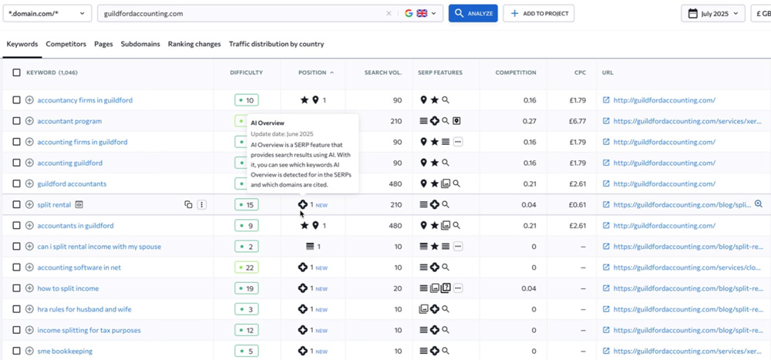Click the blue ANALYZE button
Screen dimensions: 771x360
473,13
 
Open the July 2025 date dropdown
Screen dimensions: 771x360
713,13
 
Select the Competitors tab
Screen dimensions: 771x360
66,44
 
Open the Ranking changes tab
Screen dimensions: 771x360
194,44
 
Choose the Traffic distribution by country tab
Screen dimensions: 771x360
276,44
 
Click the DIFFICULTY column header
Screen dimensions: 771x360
247,72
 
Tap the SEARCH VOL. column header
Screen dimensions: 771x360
383,72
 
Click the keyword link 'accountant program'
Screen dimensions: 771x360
70,121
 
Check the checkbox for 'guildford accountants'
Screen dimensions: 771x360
17,183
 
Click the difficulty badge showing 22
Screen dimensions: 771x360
247,267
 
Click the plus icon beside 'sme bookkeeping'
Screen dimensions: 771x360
29,352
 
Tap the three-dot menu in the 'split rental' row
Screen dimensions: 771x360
201,204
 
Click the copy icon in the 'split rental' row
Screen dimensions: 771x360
188,204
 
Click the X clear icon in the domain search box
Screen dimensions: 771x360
389,14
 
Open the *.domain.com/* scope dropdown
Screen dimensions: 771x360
47,13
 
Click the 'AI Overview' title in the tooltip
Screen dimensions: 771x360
268,123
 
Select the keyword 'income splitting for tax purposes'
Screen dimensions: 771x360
89,330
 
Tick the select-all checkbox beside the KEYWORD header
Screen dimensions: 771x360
17,72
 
